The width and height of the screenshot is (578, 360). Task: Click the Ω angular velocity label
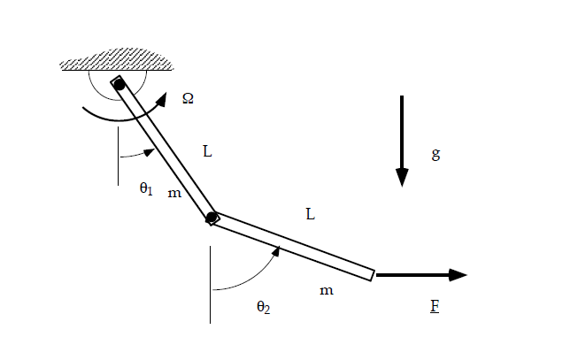coord(188,98)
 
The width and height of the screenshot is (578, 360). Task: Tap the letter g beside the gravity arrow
coord(435,154)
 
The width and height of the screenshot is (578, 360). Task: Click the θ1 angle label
coord(146,188)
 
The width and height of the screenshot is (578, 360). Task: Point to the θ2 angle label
coord(263,307)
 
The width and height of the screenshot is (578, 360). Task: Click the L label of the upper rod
coord(207,151)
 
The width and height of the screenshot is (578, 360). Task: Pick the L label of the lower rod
coord(311,214)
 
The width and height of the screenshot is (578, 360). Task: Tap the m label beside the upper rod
coord(174,192)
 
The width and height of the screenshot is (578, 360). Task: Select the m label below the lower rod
coord(327,290)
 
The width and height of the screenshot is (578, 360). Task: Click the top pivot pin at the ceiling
coord(119,85)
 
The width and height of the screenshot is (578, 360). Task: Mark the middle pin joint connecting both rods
coord(212,218)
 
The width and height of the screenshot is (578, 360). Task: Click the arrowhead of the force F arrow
coord(457,274)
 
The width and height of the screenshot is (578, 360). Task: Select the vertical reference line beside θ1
coord(118,155)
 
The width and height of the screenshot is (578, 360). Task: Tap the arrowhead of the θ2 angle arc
coord(276,252)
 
